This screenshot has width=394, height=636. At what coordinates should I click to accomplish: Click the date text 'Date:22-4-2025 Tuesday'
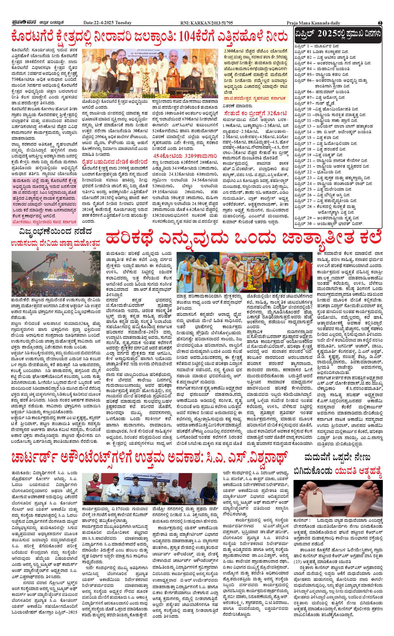click(107, 23)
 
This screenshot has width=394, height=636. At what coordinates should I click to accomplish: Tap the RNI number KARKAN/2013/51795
click(207, 23)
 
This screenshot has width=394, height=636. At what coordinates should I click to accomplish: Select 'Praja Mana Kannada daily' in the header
click(313, 23)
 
